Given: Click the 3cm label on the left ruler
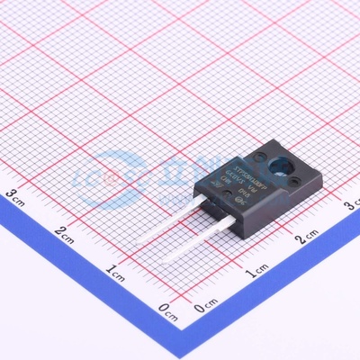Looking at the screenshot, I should (13, 193).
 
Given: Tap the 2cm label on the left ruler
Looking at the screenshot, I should (63, 232).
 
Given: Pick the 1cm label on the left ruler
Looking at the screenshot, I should (114, 271).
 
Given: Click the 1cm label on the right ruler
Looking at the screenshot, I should (256, 267).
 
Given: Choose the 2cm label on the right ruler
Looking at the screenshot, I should (305, 237).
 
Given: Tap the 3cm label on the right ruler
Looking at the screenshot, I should (352, 208).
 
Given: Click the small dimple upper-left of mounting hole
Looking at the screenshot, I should (258, 156).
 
